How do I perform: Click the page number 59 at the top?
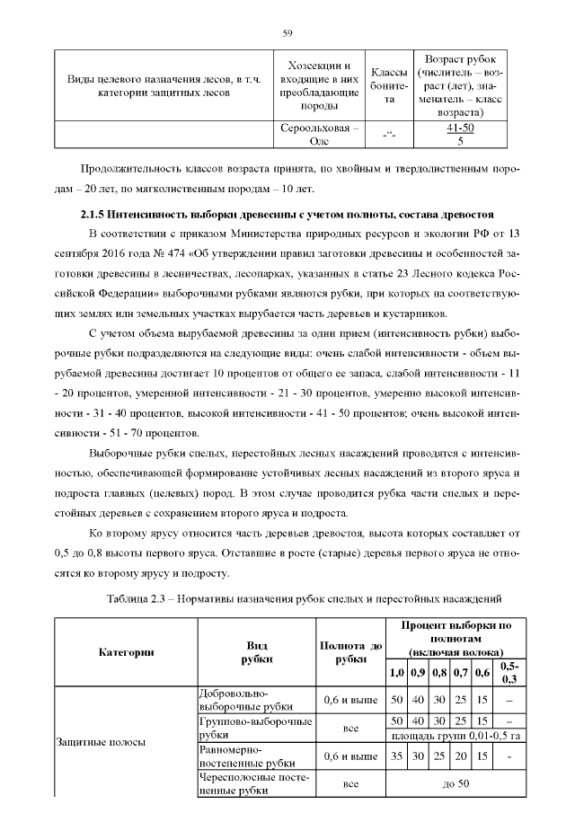click(x=287, y=33)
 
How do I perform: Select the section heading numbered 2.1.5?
click(x=282, y=216)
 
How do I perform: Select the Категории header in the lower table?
click(x=126, y=652)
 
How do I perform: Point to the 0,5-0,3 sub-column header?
click(x=509, y=672)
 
